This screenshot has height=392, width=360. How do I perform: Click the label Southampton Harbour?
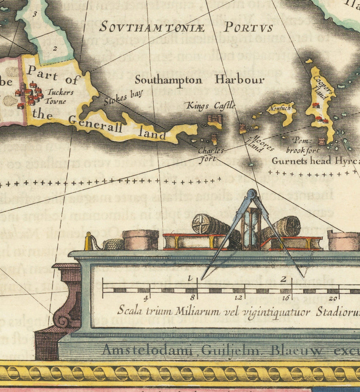point(199,80)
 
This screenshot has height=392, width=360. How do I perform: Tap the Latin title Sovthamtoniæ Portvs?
point(186,27)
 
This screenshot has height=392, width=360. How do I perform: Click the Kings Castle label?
point(210,106)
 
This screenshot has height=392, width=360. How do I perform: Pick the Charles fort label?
point(211,155)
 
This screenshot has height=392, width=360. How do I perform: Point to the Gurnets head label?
point(307,161)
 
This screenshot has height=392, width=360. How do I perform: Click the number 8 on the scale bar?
point(192,298)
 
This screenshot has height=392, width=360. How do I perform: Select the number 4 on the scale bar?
point(146,298)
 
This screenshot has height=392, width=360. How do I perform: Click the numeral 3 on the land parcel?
point(35,14)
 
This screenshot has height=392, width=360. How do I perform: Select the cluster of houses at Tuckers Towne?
point(29,95)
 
